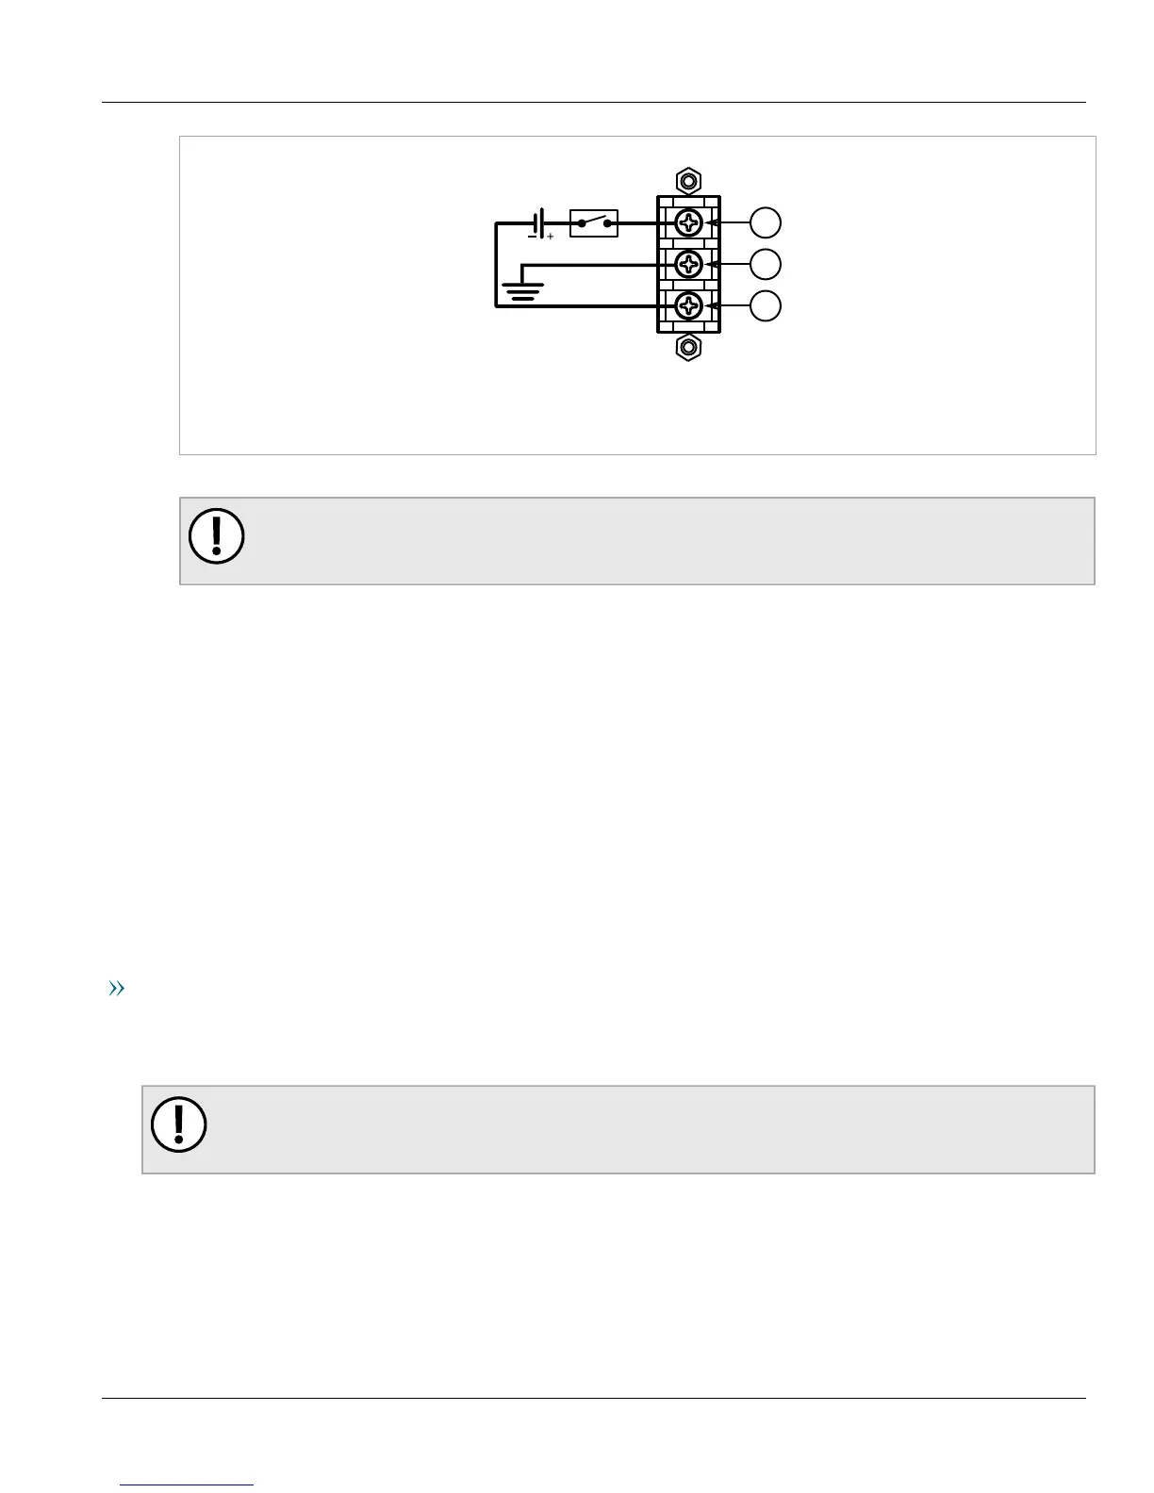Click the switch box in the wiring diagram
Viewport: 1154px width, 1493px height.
[x=594, y=223]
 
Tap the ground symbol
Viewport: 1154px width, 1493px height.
[x=521, y=290]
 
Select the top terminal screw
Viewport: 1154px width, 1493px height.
[x=689, y=223]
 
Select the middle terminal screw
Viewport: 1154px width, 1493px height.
[x=689, y=264]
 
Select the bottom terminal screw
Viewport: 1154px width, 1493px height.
[x=689, y=306]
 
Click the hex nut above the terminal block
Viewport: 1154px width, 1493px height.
[x=689, y=180]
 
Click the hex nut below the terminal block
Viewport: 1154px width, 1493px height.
[x=689, y=348]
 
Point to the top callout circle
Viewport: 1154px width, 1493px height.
[x=766, y=223]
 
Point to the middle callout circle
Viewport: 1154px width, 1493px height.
[x=766, y=265]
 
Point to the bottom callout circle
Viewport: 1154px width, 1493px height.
[x=766, y=306]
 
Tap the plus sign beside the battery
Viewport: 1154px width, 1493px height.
[x=551, y=237]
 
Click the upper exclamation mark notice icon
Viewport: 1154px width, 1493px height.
[x=217, y=536]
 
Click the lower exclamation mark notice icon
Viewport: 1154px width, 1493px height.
[x=179, y=1124]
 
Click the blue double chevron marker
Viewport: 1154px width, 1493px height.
[x=117, y=989]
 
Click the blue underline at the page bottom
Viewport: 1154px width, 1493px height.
[x=188, y=1485]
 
